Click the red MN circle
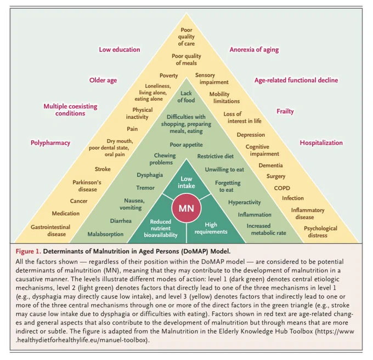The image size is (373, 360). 187,208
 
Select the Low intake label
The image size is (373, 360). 187,182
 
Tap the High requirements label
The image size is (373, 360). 211,228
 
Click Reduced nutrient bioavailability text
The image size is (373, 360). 161,228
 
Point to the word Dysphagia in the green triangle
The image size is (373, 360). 150,175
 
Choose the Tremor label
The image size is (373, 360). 145,188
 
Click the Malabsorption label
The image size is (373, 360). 105,235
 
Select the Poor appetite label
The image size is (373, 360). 187,145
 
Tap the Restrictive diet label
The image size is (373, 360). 215,156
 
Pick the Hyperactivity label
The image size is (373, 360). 245,202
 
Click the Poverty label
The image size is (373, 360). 168,76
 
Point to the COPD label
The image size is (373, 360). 282,188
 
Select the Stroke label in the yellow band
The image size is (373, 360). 103,169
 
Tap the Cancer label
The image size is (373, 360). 78,201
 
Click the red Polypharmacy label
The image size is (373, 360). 50,143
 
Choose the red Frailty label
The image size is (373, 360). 285,111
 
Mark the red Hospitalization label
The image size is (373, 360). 321,143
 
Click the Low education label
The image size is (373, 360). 120,49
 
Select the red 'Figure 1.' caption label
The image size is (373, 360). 29,252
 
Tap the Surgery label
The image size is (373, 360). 276,176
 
